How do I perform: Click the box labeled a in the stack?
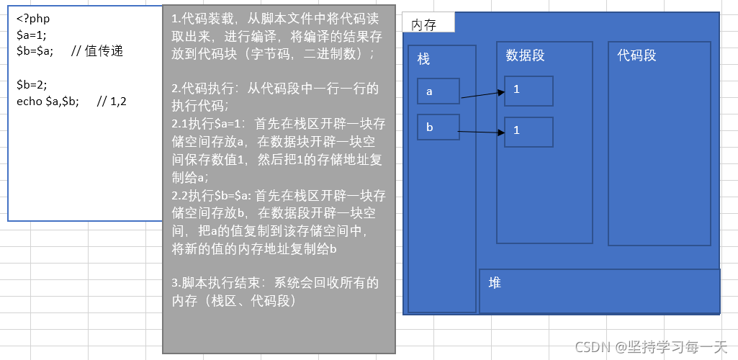tap(438, 91)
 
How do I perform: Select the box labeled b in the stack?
tap(438, 127)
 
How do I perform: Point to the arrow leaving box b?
tap(482, 132)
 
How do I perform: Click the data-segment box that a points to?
tap(528, 91)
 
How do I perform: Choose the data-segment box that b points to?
tap(528, 132)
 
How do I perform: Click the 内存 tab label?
tap(424, 24)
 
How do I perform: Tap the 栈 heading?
tap(424, 59)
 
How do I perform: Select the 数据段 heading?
tap(525, 55)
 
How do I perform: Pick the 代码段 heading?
tap(636, 55)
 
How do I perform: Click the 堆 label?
tap(495, 283)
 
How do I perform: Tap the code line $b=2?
tap(32, 84)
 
